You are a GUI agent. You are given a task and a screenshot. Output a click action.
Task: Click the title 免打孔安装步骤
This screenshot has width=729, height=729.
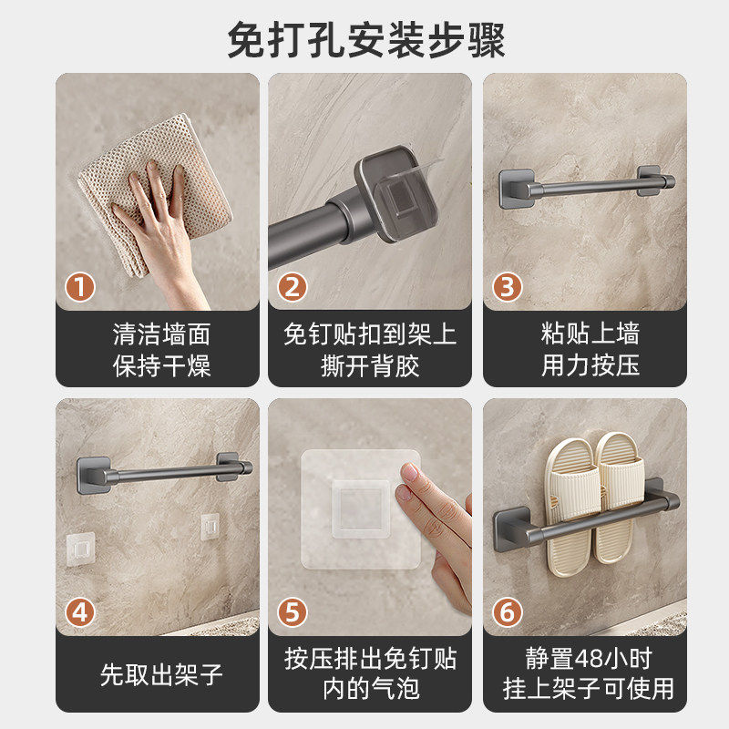click(366, 40)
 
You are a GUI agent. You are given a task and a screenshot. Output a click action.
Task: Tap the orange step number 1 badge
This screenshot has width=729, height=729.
click(80, 287)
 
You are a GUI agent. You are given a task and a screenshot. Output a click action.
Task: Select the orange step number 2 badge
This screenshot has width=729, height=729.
click(292, 287)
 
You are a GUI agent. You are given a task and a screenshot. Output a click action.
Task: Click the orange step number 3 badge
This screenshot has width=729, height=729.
click(508, 287)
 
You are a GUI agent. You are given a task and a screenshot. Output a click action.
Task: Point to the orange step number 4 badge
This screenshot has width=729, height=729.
click(80, 612)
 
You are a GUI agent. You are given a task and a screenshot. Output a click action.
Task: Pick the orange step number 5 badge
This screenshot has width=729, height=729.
click(292, 612)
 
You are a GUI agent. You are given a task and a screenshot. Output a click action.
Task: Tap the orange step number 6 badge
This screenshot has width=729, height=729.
click(508, 612)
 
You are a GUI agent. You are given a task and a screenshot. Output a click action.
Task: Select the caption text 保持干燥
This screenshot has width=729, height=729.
click(162, 365)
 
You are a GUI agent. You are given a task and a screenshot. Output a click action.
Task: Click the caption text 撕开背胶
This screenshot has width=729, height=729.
click(370, 365)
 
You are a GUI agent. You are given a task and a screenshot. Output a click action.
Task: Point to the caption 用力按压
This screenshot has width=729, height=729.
click(590, 364)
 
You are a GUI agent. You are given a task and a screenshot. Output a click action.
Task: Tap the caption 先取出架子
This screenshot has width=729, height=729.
click(161, 674)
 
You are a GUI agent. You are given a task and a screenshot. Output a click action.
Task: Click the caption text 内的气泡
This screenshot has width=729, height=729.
click(371, 689)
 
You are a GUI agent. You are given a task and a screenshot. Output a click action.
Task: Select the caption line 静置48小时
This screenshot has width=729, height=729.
click(589, 658)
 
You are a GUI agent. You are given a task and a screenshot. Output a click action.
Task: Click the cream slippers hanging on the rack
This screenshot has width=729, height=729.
click(594, 502)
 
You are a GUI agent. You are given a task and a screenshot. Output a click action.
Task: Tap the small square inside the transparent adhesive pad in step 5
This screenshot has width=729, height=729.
click(360, 508)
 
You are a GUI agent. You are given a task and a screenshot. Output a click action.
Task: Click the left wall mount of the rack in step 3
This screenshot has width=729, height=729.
click(517, 189)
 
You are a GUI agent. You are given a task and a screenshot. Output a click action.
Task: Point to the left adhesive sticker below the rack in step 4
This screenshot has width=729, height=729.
click(80, 549)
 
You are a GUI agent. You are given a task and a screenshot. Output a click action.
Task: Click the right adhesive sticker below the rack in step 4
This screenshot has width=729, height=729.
click(210, 527)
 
